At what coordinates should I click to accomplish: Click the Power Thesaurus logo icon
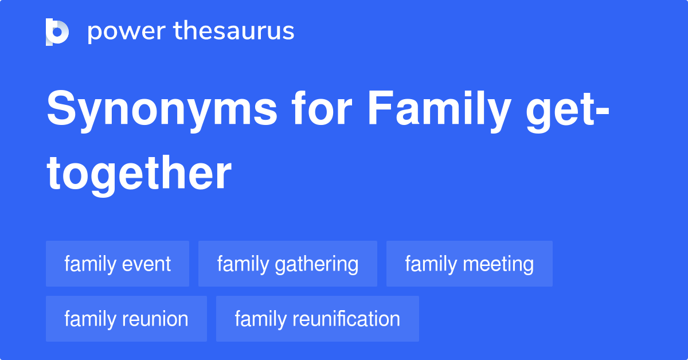[57, 32]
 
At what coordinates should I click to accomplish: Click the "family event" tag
[118, 264]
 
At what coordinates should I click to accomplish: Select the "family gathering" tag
[288, 264]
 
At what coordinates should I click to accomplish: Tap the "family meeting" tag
[470, 264]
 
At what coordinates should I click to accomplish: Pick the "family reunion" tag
[126, 319]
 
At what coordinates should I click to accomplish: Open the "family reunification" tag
[318, 319]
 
